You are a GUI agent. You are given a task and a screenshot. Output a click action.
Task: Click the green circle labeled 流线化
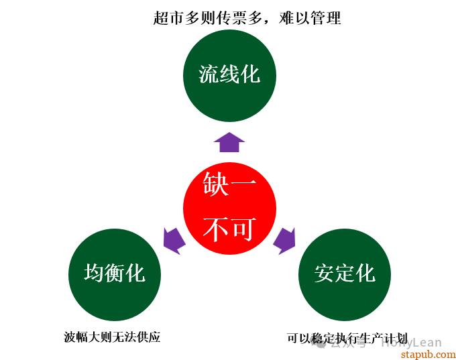pyautogui.click(x=229, y=74)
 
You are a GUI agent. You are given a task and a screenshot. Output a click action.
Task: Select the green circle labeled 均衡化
pyautogui.click(x=115, y=274)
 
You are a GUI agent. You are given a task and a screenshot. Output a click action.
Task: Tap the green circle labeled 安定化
pyautogui.click(x=344, y=274)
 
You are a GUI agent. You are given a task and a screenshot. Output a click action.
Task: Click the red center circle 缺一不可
pyautogui.click(x=229, y=208)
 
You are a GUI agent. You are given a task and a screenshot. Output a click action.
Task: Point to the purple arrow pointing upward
pyautogui.click(x=229, y=141)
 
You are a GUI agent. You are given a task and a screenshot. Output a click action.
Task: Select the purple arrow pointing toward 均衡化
pyautogui.click(x=174, y=240)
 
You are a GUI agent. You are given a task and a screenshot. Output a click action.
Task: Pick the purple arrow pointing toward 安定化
pyautogui.click(x=284, y=240)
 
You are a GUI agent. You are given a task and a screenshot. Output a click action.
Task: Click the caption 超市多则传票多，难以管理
pyautogui.click(x=247, y=18)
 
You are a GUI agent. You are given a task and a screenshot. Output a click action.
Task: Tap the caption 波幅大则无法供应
pyautogui.click(x=112, y=337)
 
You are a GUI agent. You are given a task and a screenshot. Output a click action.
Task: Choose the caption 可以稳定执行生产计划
pyautogui.click(x=347, y=339)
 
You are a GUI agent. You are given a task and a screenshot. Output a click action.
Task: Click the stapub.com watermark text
pyautogui.click(x=428, y=353)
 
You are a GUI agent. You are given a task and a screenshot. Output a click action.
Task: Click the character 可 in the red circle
pyautogui.click(x=243, y=230)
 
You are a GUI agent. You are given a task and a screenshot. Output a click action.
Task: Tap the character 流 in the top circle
pyautogui.click(x=209, y=74)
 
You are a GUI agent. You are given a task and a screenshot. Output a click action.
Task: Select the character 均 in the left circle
pyautogui.click(x=94, y=274)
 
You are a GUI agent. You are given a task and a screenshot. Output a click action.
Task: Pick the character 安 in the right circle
pyautogui.click(x=324, y=274)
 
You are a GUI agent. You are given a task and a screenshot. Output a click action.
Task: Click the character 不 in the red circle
pyautogui.click(x=216, y=230)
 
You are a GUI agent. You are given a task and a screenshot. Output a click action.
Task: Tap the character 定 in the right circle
pyautogui.click(x=345, y=274)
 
